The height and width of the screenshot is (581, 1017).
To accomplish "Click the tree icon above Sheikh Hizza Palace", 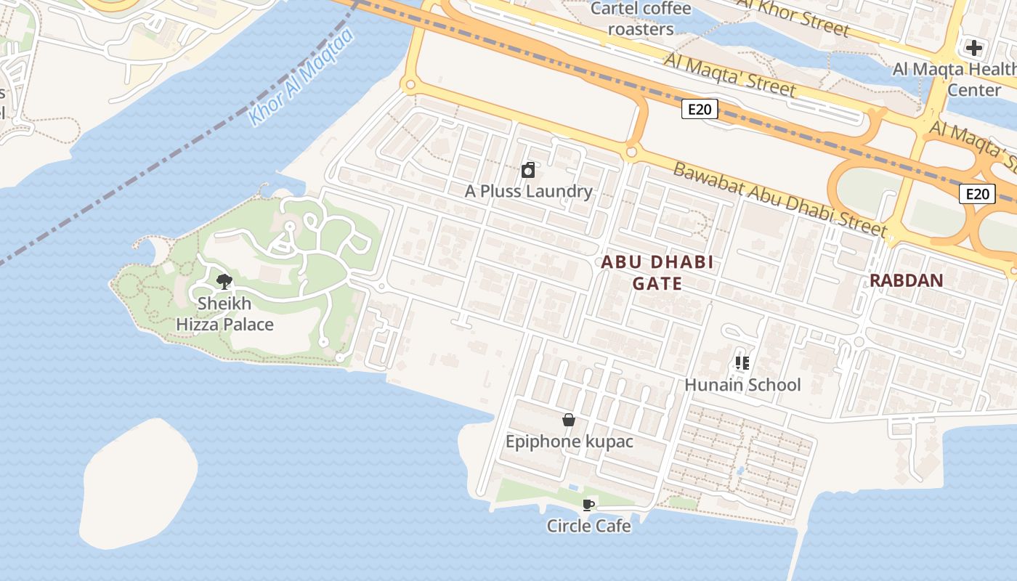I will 224,282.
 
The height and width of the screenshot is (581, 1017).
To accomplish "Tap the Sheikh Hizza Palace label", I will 224,314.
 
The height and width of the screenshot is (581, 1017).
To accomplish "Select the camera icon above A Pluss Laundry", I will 529,171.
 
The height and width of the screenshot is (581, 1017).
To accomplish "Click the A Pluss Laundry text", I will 529,192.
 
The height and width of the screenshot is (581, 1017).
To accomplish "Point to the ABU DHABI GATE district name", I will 657,272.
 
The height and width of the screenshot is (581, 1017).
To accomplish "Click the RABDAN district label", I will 906,280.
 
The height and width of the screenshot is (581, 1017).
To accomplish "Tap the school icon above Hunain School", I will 742,362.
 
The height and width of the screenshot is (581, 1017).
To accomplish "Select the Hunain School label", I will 742,385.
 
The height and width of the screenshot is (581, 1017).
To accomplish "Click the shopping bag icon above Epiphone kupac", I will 569,420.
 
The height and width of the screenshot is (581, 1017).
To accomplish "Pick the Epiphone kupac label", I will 569,442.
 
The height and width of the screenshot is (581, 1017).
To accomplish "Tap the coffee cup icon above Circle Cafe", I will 588,505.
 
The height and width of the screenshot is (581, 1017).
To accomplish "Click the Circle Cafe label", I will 588,526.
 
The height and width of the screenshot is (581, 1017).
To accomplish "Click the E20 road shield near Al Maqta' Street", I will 700,110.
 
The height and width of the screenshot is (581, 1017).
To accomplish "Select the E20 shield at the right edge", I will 976,194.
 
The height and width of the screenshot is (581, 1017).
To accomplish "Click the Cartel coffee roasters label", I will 641,19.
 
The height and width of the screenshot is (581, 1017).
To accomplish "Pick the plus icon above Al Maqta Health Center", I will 973,49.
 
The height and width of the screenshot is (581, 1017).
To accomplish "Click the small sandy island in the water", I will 138,483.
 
